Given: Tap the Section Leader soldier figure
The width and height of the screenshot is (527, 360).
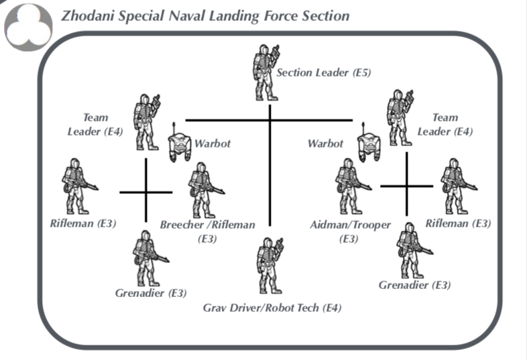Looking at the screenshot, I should click(265, 70).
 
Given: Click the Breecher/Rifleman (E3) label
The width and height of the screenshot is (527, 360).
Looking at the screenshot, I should click(207, 231).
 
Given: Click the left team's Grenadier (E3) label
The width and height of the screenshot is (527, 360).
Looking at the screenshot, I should click(151, 293).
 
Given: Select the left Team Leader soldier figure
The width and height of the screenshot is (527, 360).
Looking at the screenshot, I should click(148, 121).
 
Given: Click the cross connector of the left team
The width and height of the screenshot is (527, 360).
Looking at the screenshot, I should click(146, 192).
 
